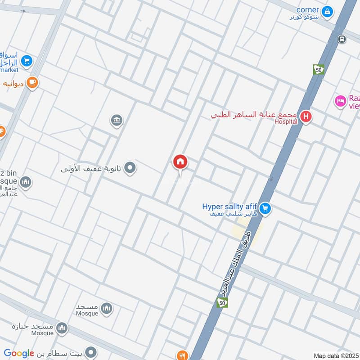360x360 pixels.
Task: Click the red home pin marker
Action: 180,162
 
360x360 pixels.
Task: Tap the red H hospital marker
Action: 306,117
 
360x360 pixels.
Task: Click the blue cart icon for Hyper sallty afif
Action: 265,208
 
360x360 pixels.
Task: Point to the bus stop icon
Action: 342,39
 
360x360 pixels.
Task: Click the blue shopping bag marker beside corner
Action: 328,11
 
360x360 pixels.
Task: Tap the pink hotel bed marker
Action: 340,101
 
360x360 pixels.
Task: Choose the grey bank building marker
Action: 117,120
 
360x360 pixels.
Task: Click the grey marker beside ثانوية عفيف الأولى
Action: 130,168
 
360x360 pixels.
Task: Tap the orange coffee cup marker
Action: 32,82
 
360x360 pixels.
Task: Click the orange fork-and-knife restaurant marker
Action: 182,355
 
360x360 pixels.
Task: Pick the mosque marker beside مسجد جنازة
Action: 62,328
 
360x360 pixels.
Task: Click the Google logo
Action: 19,354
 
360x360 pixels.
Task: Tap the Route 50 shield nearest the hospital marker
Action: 319,69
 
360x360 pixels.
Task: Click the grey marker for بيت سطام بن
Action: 91,351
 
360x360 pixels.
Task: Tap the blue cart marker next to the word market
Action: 27,60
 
